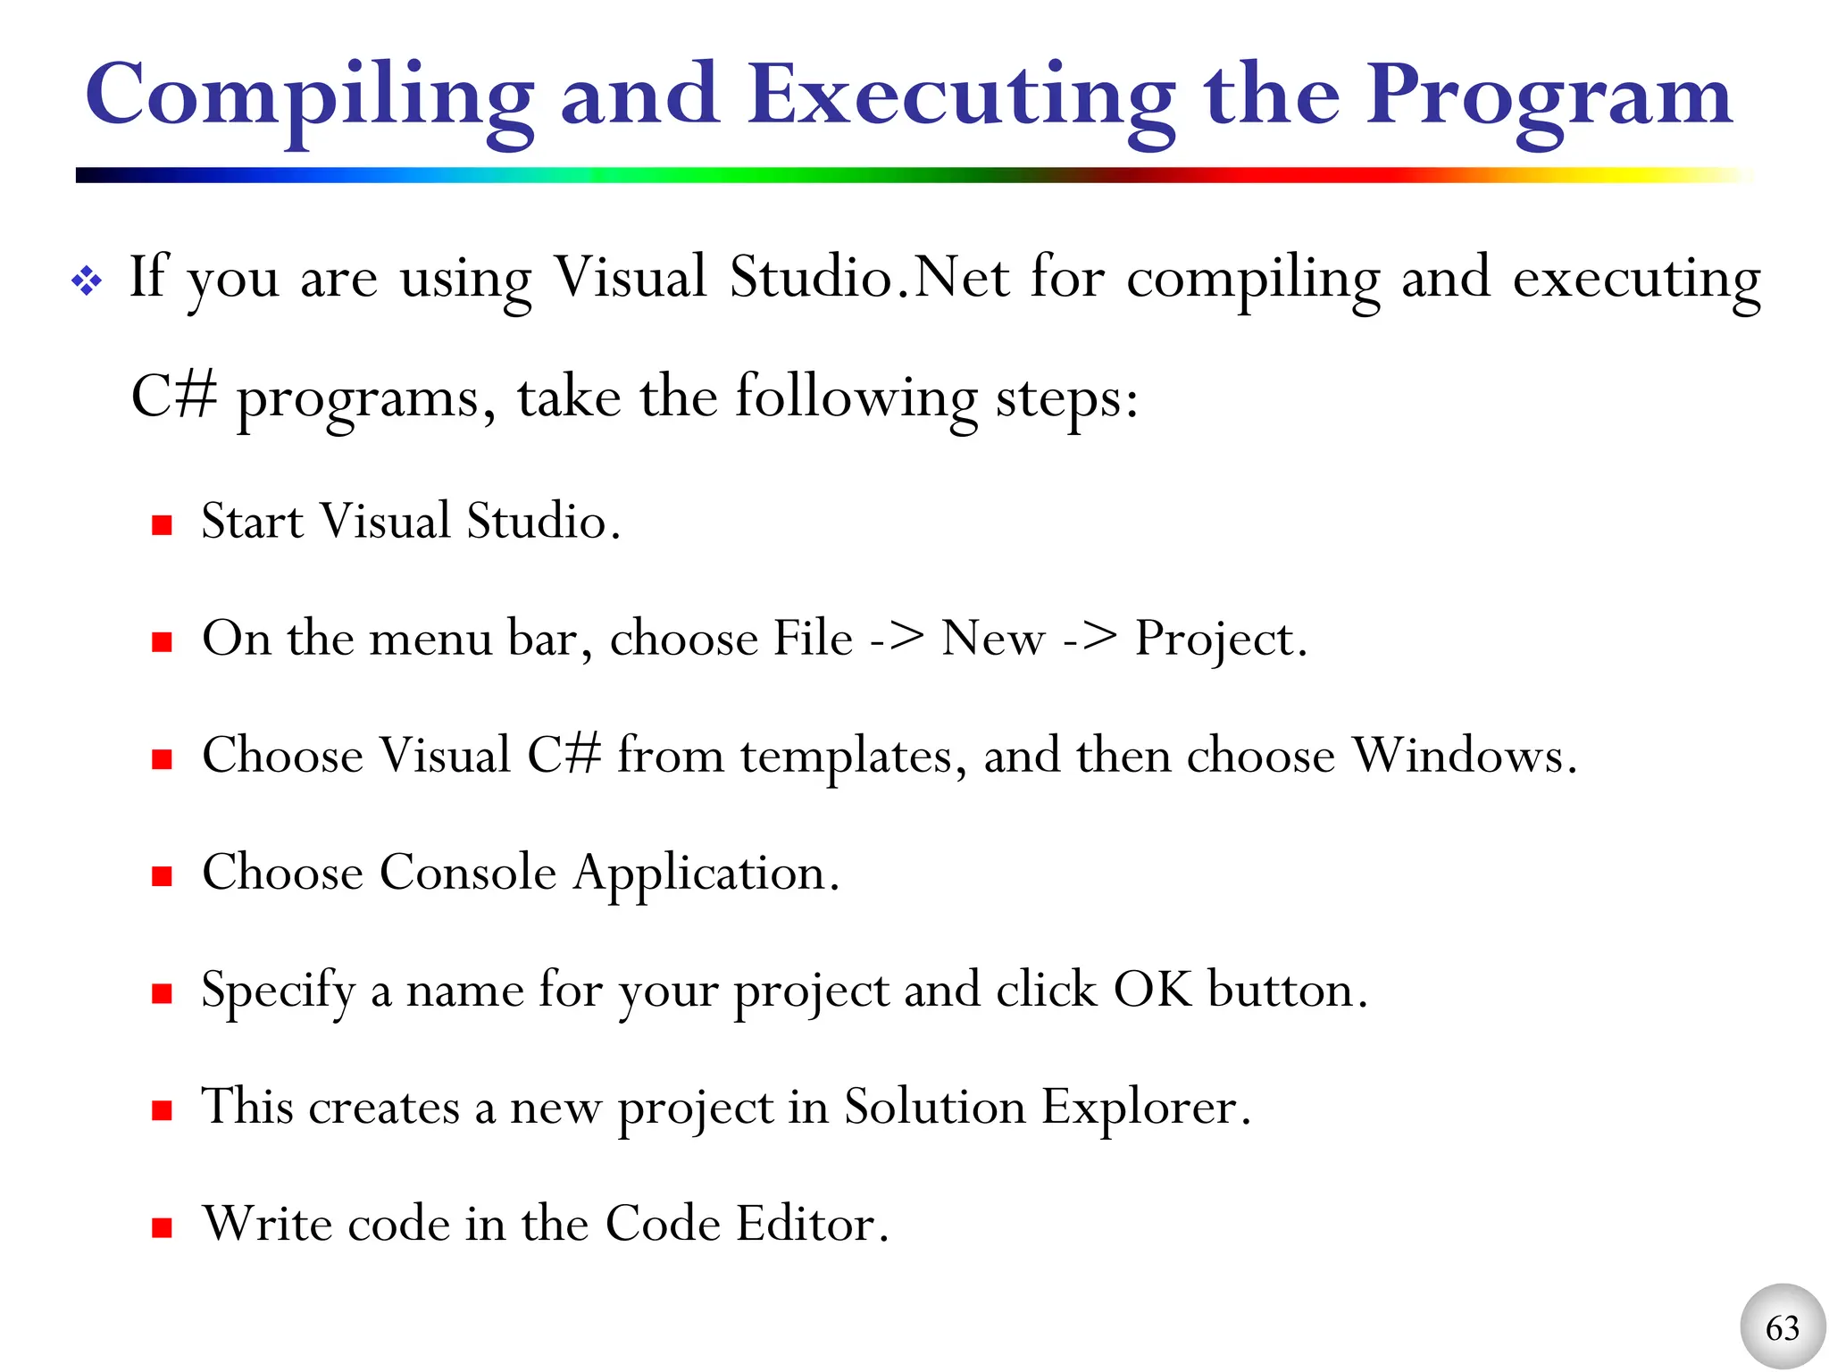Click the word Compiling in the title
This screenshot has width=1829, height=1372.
(x=309, y=96)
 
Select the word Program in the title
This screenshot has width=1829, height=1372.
(x=1549, y=96)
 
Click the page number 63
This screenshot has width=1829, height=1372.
(x=1783, y=1328)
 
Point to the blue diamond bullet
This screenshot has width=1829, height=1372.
(x=88, y=281)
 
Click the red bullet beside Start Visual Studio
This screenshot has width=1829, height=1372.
(x=162, y=524)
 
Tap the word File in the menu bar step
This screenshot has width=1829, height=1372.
(x=813, y=639)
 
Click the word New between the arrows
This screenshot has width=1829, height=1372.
(x=992, y=639)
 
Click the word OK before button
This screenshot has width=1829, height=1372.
(x=1152, y=990)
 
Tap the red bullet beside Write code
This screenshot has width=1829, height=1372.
(x=162, y=1227)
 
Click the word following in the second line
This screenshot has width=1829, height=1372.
(x=856, y=398)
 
